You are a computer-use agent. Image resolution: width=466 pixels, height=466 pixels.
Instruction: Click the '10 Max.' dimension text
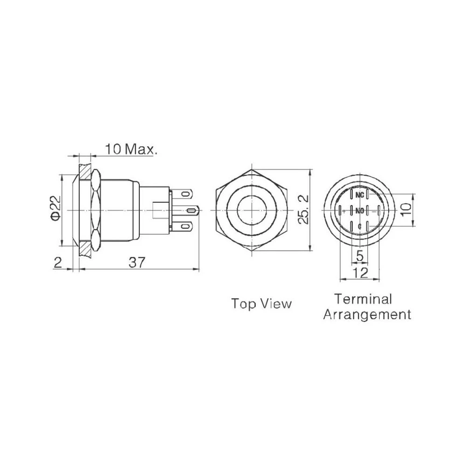tap(131, 149)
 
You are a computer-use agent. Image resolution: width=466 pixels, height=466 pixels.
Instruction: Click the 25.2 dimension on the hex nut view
tap(303, 210)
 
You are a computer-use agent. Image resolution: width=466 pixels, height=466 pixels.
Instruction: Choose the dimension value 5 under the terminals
tap(359, 255)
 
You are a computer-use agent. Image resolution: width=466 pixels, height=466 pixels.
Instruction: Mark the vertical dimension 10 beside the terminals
tap(406, 210)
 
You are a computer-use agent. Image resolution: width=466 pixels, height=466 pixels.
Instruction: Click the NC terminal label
tap(359, 195)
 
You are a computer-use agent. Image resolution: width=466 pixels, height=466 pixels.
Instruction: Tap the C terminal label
tap(359, 226)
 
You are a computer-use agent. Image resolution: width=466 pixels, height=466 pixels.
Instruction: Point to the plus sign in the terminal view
tap(344, 211)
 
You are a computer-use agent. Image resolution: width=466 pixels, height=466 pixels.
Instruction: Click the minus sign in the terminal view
tap(374, 211)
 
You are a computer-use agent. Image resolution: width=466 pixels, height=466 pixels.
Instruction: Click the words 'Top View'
tap(261, 304)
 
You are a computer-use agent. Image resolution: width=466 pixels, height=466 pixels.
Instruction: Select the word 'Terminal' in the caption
tap(363, 299)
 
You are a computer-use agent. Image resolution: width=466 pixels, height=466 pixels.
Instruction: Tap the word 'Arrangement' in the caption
tap(367, 315)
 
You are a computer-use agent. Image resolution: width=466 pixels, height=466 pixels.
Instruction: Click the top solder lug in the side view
tap(183, 193)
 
